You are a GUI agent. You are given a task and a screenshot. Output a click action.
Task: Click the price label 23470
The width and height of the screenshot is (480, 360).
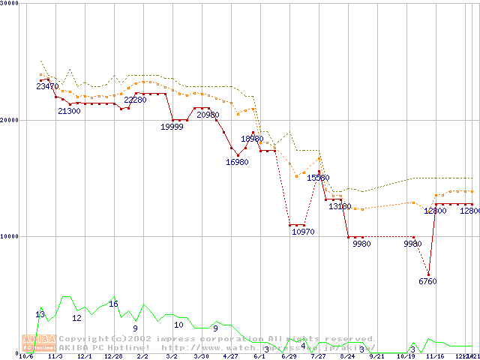click(x=46, y=87)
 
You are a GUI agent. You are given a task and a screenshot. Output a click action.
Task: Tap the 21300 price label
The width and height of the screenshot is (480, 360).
click(x=69, y=111)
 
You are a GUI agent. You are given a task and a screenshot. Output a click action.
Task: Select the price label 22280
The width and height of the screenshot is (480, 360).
click(x=135, y=100)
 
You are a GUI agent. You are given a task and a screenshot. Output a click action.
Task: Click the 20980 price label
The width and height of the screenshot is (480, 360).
click(x=208, y=115)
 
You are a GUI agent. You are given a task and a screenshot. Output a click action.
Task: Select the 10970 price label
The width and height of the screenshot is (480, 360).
click(x=303, y=232)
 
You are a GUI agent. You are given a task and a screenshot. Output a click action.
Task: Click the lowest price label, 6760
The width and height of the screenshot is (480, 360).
click(x=427, y=281)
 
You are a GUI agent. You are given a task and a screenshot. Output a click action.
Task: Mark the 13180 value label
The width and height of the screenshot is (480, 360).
click(x=340, y=206)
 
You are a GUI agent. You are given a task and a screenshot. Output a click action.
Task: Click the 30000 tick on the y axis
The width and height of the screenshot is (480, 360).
click(x=10, y=3)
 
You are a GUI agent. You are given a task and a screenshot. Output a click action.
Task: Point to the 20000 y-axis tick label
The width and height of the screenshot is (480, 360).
click(x=10, y=120)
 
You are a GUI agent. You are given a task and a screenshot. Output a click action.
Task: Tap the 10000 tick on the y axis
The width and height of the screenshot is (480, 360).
click(x=10, y=236)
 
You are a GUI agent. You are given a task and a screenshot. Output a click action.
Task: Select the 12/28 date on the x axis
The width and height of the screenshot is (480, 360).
click(x=113, y=357)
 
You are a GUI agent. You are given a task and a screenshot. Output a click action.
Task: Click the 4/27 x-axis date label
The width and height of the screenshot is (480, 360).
click(x=230, y=357)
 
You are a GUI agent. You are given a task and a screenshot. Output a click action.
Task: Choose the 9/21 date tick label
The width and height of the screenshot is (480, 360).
click(x=376, y=357)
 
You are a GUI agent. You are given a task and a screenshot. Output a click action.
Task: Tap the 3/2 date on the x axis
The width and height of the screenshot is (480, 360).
click(x=172, y=357)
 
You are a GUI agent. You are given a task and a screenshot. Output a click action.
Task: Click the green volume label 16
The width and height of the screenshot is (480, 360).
click(x=113, y=304)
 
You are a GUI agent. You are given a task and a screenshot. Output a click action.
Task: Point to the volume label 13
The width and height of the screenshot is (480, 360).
click(x=40, y=313)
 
